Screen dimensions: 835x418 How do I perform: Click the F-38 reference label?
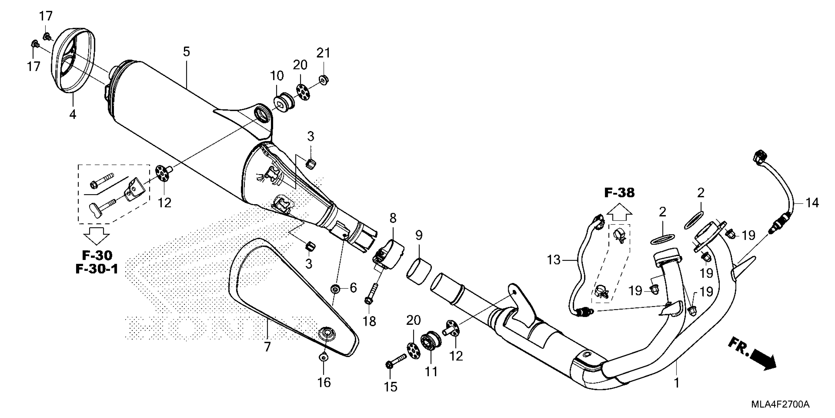619,193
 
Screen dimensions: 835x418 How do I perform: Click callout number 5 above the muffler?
186,52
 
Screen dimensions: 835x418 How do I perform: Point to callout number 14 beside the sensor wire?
812,203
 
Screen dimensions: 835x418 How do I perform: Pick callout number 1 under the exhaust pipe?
677,383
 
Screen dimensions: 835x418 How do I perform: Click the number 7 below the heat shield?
267,347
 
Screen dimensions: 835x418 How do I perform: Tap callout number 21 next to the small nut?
323,53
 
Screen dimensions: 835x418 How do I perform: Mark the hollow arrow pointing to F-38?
619,213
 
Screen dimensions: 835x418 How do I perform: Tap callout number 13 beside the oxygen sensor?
554,260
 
